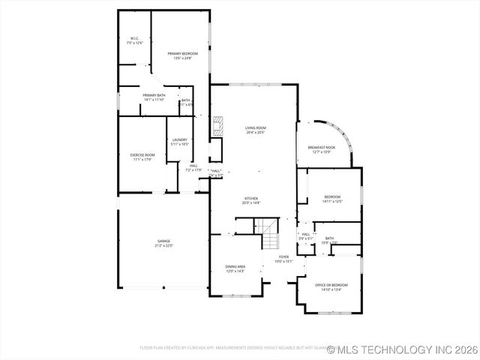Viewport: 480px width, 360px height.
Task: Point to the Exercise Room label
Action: point(142,157)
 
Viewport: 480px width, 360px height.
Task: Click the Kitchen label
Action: point(251,199)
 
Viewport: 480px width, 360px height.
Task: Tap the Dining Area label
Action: point(235,268)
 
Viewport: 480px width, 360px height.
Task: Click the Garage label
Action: point(163,241)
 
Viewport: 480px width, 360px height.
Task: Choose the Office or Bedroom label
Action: point(330,287)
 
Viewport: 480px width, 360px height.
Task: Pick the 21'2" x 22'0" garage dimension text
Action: point(163,246)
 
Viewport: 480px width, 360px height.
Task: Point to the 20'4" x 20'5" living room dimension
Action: point(255,133)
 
